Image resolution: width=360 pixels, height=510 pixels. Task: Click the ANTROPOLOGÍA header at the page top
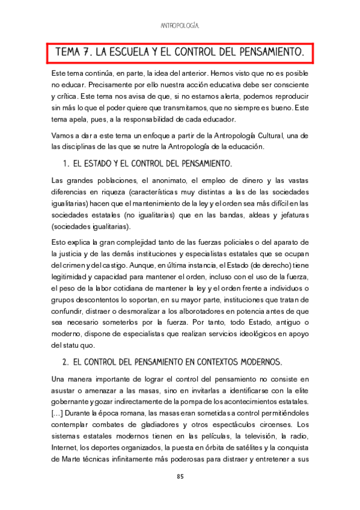coord(180,26)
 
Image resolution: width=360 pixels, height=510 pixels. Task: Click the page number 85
coord(180,477)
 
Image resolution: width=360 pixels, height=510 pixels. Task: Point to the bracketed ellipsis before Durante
coord(59,413)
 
